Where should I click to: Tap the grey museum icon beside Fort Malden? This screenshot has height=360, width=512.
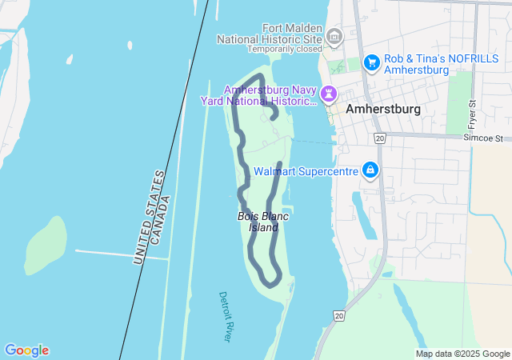pos(334,36)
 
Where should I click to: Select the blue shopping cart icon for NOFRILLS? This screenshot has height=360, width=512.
pos(371,62)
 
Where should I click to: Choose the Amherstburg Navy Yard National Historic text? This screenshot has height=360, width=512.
pos(269,95)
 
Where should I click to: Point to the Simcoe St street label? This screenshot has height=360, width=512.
pos(486,138)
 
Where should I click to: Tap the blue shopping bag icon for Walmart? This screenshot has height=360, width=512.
pos(370,170)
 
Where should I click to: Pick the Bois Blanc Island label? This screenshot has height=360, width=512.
pos(258,222)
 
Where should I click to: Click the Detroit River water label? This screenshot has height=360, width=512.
pos(226,317)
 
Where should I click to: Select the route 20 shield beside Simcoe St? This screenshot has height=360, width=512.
pos(379,139)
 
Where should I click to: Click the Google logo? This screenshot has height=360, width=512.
pos(26,350)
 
